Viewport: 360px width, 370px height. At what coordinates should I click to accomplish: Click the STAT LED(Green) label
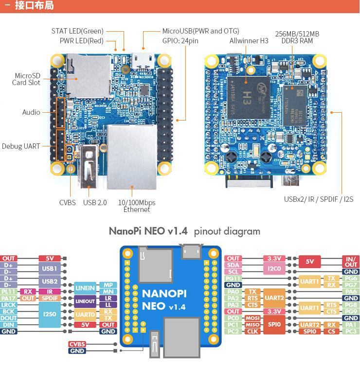pyautogui.click(x=77, y=31)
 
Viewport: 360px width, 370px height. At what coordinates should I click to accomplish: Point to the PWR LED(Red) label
pyautogui.click(x=82, y=41)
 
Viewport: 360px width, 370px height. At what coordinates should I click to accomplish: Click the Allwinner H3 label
pyautogui.click(x=249, y=41)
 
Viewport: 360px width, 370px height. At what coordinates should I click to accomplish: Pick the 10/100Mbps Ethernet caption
pyautogui.click(x=137, y=206)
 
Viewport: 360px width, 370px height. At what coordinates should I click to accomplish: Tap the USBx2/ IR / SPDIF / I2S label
pyautogui.click(x=318, y=199)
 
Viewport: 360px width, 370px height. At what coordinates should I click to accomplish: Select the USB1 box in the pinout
pyautogui.click(x=50, y=268)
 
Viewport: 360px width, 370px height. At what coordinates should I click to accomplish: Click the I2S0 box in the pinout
pyautogui.click(x=50, y=315)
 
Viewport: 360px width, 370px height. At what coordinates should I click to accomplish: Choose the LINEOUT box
pyautogui.click(x=85, y=301)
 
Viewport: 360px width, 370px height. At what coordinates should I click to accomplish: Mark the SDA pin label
pyautogui.click(x=234, y=265)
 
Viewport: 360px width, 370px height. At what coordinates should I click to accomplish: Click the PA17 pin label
pyautogui.click(x=8, y=299)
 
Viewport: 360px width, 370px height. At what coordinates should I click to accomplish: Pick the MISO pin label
pyautogui.click(x=252, y=325)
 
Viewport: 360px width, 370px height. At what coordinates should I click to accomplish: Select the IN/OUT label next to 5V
pyautogui.click(x=350, y=262)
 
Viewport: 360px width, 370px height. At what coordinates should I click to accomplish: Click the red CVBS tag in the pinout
pyautogui.click(x=77, y=344)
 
